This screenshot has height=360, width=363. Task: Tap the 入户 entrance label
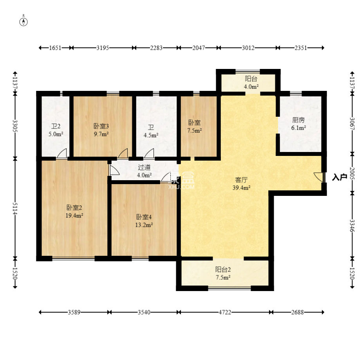coord(340,177)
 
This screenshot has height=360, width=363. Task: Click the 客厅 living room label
coord(241,180)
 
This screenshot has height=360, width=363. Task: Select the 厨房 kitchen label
coord(298,120)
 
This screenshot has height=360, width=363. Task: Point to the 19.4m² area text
coord(74,215)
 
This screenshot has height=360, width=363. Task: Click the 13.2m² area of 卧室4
coord(144,225)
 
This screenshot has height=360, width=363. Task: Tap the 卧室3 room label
coord(101,126)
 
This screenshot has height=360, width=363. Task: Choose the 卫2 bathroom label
coord(56,126)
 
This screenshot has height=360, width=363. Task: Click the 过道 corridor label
coord(144,167)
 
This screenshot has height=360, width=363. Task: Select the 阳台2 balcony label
coord(223,270)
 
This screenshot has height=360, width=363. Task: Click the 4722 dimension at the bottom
coord(225,312)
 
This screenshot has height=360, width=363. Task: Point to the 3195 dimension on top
coord(103,48)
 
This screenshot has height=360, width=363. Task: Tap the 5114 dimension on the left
coord(15,208)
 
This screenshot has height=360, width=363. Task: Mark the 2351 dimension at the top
coord(301,48)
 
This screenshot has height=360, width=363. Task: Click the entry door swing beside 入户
coord(318,177)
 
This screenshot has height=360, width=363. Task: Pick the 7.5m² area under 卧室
coord(195,130)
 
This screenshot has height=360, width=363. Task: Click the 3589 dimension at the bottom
coord(74,312)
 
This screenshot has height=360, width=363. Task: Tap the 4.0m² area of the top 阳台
coord(251,87)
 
